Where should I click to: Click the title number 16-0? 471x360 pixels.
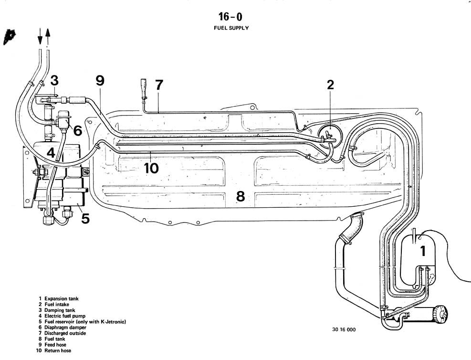(x=230, y=17)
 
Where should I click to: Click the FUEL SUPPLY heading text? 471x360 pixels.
(x=231, y=28)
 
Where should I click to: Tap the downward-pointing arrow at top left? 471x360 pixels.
(x=40, y=36)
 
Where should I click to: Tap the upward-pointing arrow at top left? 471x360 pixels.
(x=48, y=36)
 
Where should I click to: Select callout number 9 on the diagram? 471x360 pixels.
(x=99, y=80)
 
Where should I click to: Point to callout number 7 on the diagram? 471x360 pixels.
(x=158, y=85)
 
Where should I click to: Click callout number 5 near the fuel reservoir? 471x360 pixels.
(x=84, y=218)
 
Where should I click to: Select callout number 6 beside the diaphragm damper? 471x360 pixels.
(x=77, y=130)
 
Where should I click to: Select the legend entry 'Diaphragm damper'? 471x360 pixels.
(x=65, y=328)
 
